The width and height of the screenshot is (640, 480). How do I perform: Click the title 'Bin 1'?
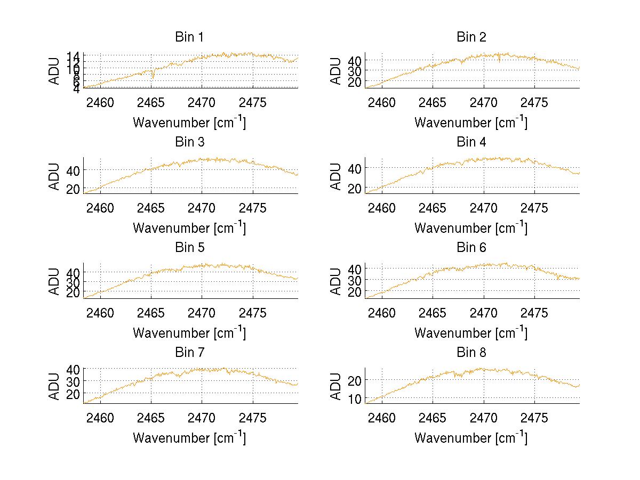click(x=189, y=37)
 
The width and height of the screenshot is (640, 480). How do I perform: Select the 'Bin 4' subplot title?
click(x=471, y=142)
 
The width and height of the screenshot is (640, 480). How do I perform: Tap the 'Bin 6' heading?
click(x=471, y=247)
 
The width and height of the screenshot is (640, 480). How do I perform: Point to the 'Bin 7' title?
click(x=189, y=352)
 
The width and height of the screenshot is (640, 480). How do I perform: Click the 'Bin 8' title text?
click(x=471, y=352)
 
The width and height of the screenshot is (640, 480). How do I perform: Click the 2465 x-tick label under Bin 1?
click(x=151, y=102)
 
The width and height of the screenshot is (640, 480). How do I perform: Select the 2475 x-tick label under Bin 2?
click(x=534, y=102)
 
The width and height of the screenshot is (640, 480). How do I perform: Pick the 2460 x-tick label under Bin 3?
click(x=100, y=207)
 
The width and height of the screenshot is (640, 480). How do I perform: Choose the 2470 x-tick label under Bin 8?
click(x=484, y=417)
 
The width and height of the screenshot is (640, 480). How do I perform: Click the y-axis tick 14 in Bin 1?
click(x=73, y=56)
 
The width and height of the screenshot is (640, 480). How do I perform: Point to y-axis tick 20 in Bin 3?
click(x=73, y=189)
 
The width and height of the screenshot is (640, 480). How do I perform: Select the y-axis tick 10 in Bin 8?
click(x=355, y=398)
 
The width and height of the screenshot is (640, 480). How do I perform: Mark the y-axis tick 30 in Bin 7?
click(x=73, y=381)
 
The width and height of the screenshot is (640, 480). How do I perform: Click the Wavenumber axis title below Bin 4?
click(x=471, y=227)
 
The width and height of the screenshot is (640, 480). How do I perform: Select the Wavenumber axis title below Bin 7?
click(x=189, y=437)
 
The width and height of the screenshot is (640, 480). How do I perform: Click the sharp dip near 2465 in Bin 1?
click(x=153, y=78)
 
